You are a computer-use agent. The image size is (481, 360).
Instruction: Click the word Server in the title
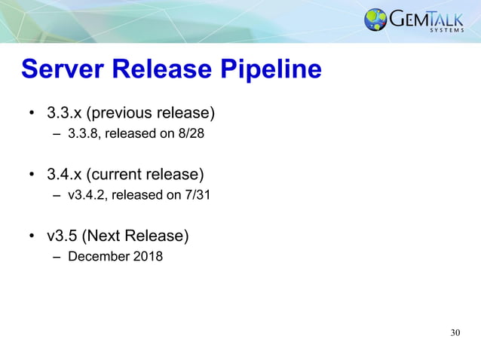click(63, 70)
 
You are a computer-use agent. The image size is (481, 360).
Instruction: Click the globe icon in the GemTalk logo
click(375, 20)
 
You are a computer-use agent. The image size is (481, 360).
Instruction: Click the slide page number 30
click(455, 333)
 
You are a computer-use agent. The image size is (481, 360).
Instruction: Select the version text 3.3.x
click(62, 113)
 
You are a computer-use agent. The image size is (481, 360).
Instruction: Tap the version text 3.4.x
click(62, 175)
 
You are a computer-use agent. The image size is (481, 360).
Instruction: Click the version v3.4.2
click(87, 196)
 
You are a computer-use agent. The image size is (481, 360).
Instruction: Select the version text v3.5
click(62, 236)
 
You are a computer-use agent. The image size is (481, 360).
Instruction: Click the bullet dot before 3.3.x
click(32, 114)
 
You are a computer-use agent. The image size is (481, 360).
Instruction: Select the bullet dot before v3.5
click(32, 236)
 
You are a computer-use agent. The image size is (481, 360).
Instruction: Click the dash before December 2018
click(57, 257)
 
